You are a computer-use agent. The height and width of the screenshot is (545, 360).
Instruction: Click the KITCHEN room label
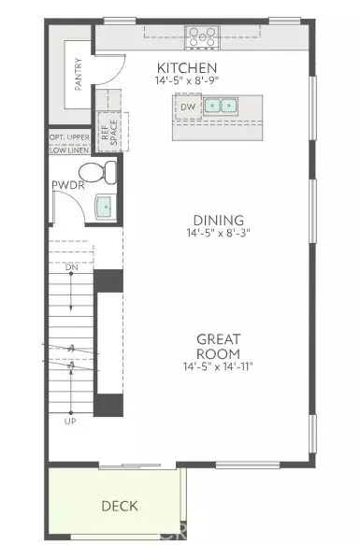pyautogui.click(x=187, y=68)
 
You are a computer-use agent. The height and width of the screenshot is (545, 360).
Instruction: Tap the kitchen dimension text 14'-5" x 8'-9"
pyautogui.click(x=187, y=82)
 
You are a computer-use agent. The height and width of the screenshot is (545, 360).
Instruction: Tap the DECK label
pyautogui.click(x=119, y=506)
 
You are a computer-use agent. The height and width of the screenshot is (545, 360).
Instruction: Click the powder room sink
pyautogui.click(x=105, y=207)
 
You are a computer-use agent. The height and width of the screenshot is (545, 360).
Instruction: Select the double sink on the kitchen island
pyautogui.click(x=222, y=107)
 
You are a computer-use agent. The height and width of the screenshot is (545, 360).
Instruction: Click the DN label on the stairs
pyautogui.click(x=73, y=269)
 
